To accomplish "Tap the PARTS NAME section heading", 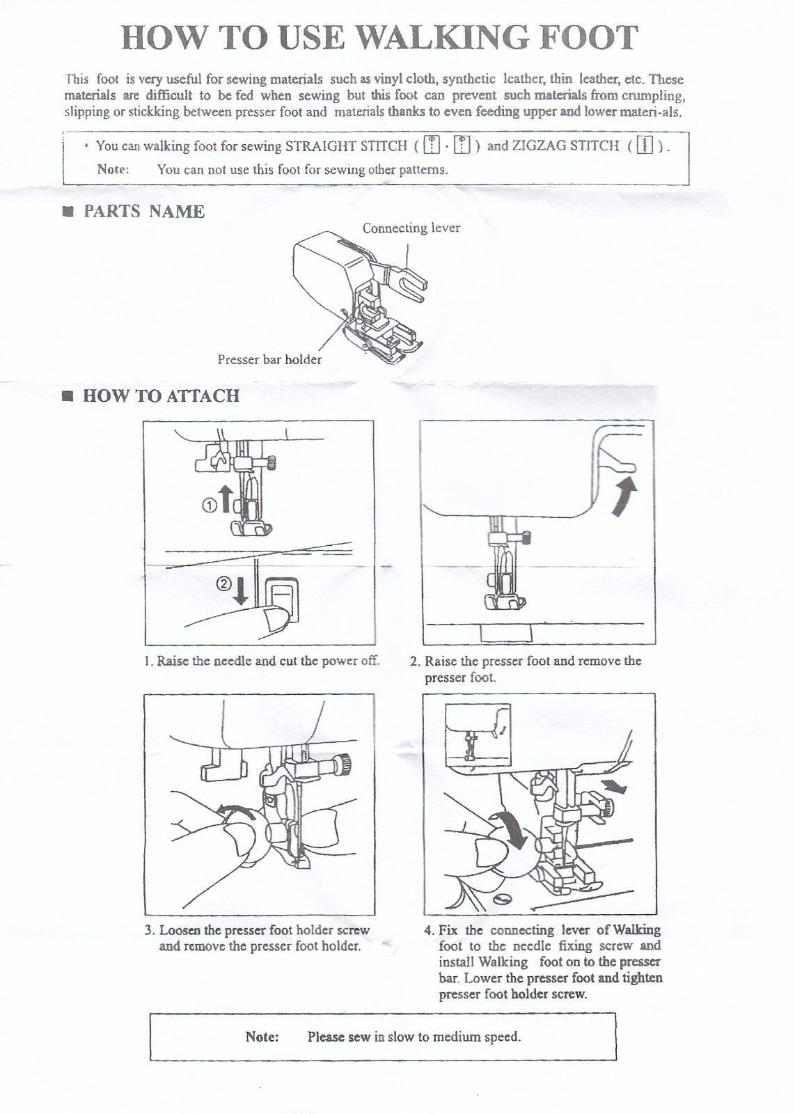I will pos(143,212).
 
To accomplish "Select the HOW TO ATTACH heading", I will pos(161,396).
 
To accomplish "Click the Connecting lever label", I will pos(411,228).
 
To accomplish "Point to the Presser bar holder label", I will pos(269,359).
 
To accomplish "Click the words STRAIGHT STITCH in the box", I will pos(346,146).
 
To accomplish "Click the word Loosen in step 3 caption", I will pos(180,930).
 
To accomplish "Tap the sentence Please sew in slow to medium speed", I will pos(414,1037).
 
